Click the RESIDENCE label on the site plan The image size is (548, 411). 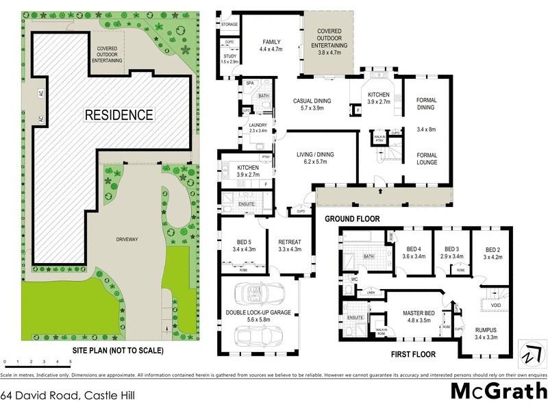point(119,114)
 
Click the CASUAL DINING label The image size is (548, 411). point(312,101)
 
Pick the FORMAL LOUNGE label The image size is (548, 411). point(426,160)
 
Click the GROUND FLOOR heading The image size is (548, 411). point(351,219)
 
